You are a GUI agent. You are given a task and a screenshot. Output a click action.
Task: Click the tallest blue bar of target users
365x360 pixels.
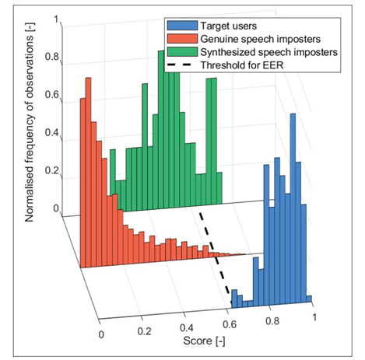(x=293, y=208)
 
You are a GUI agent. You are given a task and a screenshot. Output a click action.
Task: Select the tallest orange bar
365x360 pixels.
(x=88, y=172)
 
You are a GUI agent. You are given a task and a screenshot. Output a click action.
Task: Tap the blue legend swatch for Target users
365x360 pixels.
(x=182, y=26)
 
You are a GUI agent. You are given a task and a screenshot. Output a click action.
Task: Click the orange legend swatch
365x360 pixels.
(x=182, y=39)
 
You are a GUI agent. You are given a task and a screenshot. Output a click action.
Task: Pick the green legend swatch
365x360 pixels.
(x=182, y=52)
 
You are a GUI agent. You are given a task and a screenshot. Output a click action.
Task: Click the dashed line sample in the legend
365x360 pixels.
(x=182, y=65)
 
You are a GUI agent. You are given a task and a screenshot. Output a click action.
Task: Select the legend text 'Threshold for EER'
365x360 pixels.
(x=242, y=65)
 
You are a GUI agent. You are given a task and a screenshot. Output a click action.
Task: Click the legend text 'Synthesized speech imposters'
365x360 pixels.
(x=269, y=52)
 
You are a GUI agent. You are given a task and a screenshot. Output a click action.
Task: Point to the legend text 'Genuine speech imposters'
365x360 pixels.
(x=261, y=39)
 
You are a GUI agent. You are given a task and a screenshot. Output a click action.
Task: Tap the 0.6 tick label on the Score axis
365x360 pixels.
(x=230, y=324)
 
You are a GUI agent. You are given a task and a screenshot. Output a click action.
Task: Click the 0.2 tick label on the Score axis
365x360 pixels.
(x=144, y=331)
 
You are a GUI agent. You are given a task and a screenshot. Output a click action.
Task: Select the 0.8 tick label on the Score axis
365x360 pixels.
(x=272, y=321)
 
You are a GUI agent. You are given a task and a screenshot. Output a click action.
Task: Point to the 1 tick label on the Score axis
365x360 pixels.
(x=314, y=317)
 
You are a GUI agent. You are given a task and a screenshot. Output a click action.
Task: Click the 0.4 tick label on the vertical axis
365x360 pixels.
(x=52, y=133)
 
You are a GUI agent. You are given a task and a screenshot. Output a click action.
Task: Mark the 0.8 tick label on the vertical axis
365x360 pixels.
(x=52, y=57)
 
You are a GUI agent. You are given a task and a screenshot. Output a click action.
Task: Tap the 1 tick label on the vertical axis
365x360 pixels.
(x=56, y=19)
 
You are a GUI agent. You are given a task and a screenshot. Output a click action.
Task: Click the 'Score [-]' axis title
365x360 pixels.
(x=204, y=341)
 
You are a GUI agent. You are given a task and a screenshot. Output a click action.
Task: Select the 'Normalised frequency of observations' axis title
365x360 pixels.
(x=30, y=122)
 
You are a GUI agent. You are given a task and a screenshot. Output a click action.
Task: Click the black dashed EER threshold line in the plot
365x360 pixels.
(x=216, y=259)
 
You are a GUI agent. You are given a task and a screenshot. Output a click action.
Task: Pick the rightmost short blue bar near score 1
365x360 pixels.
(x=309, y=299)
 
